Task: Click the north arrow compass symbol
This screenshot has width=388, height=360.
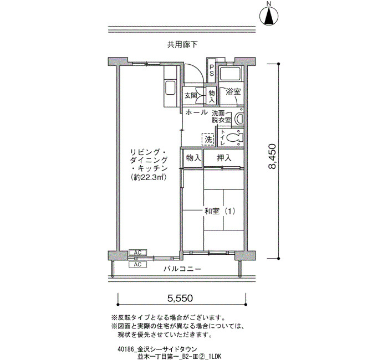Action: coord(269,15)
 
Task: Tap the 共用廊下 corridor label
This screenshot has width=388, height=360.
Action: coord(182,44)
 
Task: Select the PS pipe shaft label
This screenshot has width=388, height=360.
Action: coord(212,70)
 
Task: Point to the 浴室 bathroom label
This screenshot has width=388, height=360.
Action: coord(233,91)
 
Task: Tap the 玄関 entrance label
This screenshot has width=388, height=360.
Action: coord(191,95)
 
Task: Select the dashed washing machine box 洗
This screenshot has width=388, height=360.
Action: coord(208,139)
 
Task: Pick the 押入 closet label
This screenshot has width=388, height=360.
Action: coord(224,158)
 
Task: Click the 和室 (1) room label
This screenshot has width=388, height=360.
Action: coord(219,212)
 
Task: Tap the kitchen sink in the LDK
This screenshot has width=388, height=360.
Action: coord(170,88)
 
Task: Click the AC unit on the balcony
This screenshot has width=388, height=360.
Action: coord(137,265)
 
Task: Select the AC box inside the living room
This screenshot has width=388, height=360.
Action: coord(137,253)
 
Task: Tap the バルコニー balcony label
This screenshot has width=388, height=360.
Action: coord(182,269)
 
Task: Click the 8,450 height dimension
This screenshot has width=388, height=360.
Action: coord(272,156)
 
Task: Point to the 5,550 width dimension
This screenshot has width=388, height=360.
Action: coord(180,299)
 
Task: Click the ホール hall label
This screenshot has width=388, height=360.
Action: coord(196,112)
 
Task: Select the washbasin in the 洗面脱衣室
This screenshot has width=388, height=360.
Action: coord(239,119)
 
